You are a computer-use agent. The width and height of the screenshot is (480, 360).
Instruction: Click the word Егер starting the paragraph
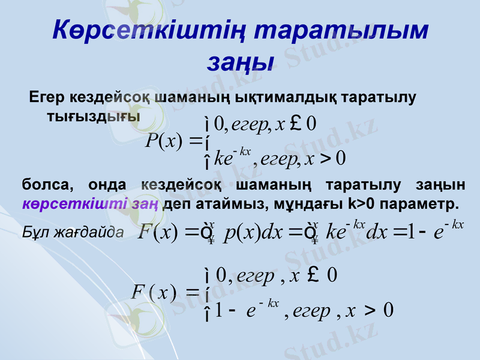[x=47, y=97]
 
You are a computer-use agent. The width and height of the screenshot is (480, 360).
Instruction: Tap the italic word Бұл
[x=33, y=232]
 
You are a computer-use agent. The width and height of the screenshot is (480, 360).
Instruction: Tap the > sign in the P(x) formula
[x=325, y=159]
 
